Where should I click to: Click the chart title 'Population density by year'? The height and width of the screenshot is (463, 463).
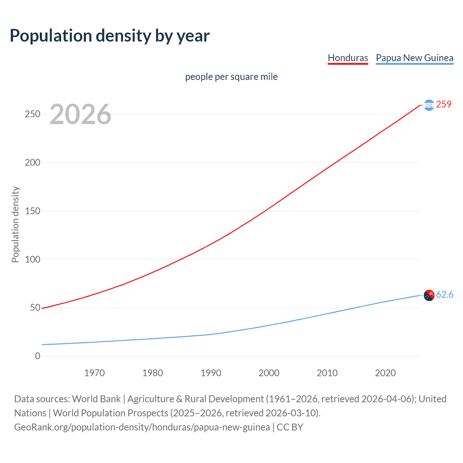110,36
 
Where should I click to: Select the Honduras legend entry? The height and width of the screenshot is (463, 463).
348,58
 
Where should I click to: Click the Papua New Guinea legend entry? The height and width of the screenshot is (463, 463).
415,58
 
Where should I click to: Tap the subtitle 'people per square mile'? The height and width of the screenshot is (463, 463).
231,77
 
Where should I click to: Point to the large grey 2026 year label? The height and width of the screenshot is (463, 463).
80,114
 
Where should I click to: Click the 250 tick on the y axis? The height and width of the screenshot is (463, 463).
33,114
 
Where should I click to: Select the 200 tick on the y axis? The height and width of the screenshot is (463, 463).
33,162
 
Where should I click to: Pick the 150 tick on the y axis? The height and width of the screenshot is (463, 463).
33,211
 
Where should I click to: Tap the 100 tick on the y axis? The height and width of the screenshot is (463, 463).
33,259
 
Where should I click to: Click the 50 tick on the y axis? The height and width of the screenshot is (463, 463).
35,308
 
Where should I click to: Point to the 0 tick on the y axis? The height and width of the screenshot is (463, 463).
38,356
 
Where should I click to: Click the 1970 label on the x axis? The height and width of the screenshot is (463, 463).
94,373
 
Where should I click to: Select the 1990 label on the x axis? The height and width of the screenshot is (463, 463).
211,373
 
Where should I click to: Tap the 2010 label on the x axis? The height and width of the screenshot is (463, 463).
327,373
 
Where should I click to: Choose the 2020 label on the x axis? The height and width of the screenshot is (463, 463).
385,373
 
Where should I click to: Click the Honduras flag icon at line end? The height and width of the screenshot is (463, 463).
429,105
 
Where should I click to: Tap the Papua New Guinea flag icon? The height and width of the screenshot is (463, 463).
429,296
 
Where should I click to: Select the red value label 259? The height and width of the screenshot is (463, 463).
444,104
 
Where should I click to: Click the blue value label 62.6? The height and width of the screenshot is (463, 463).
445,295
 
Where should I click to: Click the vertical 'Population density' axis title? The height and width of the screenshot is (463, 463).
15,224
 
